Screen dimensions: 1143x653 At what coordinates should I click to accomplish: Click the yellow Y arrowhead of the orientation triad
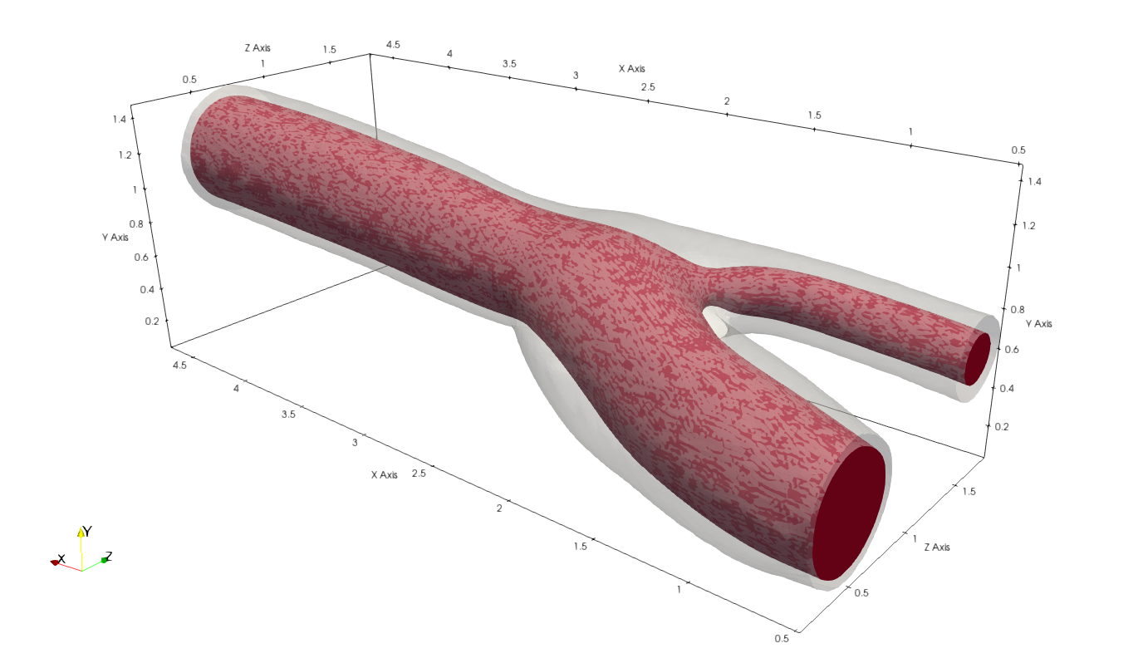click(x=81, y=533)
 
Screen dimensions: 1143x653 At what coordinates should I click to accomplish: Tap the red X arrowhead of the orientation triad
click(x=55, y=562)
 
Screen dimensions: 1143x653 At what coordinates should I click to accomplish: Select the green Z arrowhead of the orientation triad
click(x=105, y=560)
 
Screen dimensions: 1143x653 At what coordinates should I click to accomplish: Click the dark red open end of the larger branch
click(x=849, y=513)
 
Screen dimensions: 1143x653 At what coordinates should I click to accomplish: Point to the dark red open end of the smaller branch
click(x=978, y=358)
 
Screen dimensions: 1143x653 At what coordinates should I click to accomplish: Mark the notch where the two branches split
click(x=704, y=309)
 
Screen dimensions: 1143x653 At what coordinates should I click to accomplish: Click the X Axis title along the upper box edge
click(x=631, y=68)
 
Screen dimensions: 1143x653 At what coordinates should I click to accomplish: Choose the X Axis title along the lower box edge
click(x=385, y=475)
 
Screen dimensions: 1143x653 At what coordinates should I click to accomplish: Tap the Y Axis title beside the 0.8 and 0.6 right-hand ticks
click(x=1039, y=323)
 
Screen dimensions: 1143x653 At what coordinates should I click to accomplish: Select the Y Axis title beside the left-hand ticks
click(x=115, y=238)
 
